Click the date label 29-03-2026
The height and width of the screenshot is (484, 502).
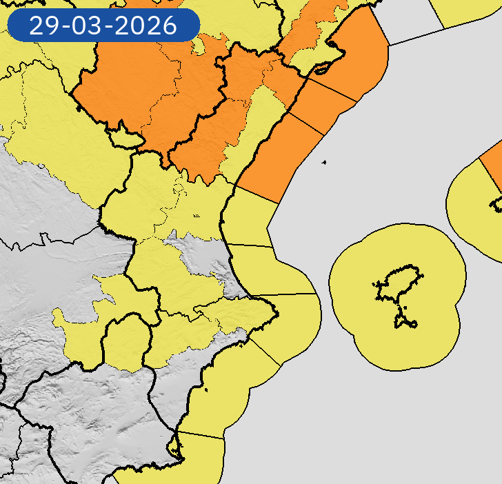[103, 26]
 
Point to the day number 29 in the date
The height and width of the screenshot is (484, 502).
[43, 26]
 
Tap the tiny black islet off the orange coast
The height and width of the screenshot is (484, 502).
[323, 163]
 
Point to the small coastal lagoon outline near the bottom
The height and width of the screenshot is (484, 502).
[179, 449]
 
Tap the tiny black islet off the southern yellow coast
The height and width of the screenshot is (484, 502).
[205, 392]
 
